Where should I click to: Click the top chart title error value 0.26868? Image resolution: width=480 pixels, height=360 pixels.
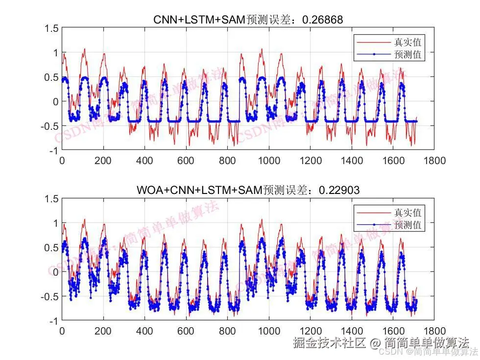pyautogui.click(x=323, y=20)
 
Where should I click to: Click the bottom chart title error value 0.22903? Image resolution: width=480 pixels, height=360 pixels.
pyautogui.click(x=339, y=190)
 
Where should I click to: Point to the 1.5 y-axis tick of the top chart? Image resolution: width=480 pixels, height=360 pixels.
pyautogui.click(x=51, y=28)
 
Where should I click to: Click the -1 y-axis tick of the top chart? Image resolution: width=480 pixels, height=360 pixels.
pyautogui.click(x=53, y=150)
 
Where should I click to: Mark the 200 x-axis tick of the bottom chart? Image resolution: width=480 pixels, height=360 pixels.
pyautogui.click(x=103, y=331)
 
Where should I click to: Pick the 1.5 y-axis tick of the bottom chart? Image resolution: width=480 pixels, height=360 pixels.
pyautogui.click(x=51, y=199)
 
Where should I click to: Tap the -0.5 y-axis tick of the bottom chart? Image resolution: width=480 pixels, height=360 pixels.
pyautogui.click(x=49, y=296)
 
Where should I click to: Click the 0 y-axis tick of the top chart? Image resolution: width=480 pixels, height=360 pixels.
pyautogui.click(x=55, y=101)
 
